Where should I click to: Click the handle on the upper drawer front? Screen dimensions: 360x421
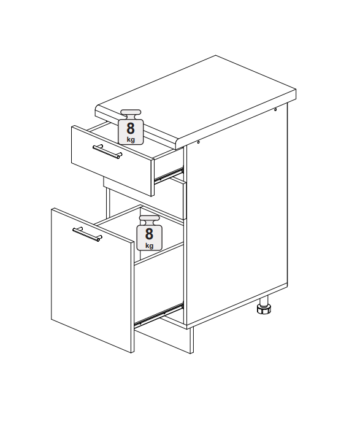[x=107, y=152]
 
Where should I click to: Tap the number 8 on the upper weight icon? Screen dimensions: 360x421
[x=131, y=128]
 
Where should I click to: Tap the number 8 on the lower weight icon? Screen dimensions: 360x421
[x=149, y=234]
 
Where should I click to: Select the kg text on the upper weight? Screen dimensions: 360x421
[x=131, y=140]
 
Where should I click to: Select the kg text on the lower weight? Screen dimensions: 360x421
[x=150, y=245]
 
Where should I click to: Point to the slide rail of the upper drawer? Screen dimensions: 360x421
[x=169, y=175]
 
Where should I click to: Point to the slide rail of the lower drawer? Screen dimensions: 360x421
[x=159, y=314]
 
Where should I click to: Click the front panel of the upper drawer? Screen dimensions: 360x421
[x=112, y=160]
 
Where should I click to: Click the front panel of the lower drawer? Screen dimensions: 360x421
[x=92, y=280]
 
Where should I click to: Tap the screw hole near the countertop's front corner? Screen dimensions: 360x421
[x=199, y=142]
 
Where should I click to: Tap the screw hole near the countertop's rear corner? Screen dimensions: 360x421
[x=275, y=109]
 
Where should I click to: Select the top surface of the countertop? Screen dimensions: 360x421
[x=196, y=98]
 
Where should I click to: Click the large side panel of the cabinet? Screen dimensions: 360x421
[x=237, y=215]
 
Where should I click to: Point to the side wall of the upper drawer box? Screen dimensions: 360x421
[x=169, y=164]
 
